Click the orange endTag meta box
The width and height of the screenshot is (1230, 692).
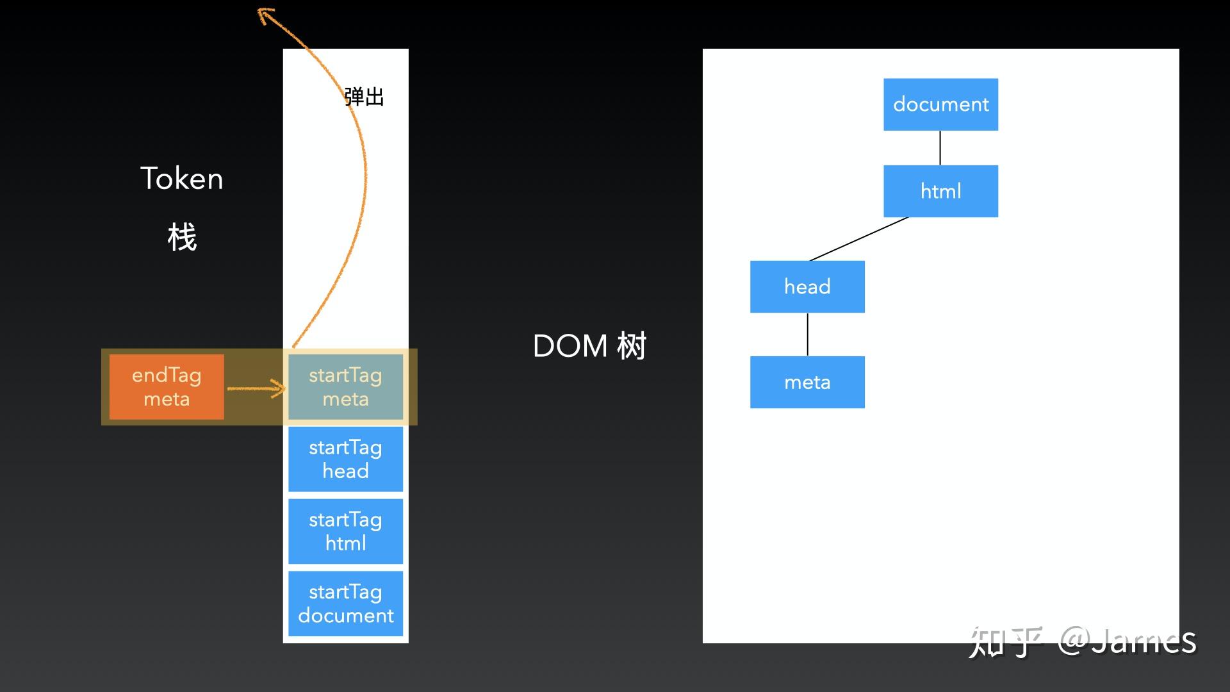(x=167, y=387)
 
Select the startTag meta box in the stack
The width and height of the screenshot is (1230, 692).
(x=345, y=387)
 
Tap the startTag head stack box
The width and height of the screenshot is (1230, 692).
(x=345, y=459)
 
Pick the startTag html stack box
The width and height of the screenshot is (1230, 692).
(x=345, y=531)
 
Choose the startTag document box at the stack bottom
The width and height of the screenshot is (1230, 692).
(x=345, y=604)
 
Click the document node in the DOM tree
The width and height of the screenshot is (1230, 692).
(x=940, y=104)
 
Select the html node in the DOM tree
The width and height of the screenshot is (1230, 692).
(x=940, y=191)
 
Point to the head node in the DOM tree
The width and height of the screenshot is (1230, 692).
(x=807, y=286)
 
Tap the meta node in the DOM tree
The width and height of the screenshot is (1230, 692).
(x=807, y=382)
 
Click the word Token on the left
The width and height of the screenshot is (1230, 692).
(x=182, y=178)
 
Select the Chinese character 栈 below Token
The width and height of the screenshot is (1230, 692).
(x=182, y=238)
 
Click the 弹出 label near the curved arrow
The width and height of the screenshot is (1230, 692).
(x=364, y=97)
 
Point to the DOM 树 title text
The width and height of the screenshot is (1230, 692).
(x=589, y=346)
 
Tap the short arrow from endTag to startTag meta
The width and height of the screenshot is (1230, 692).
(x=256, y=388)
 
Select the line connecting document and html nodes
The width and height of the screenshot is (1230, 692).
(x=940, y=148)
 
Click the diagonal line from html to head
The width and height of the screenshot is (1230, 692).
(x=858, y=239)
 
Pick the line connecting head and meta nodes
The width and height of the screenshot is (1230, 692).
(x=807, y=334)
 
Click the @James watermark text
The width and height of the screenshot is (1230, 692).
(x=1127, y=641)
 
